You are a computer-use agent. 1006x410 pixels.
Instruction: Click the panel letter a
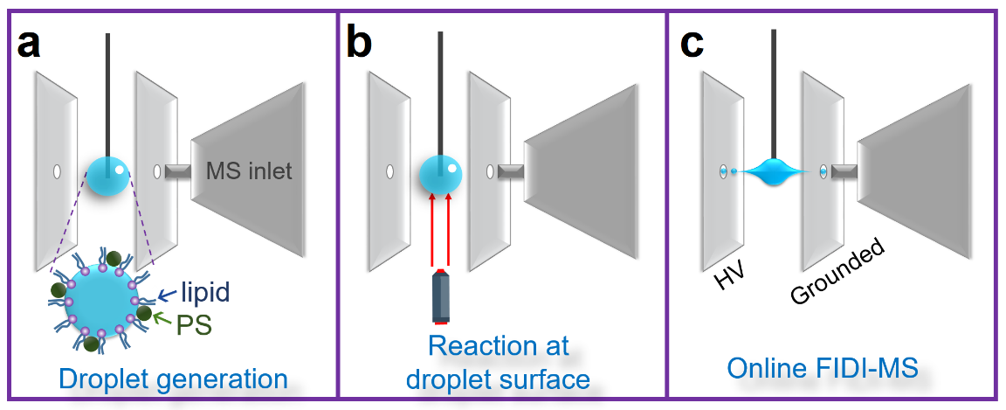click(28, 44)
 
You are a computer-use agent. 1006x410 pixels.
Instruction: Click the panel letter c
click(692, 44)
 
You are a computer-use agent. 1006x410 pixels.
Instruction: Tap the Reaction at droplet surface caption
click(499, 362)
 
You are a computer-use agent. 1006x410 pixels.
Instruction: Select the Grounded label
click(838, 271)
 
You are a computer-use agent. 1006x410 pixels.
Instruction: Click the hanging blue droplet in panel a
click(109, 176)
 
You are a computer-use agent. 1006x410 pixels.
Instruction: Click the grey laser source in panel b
click(441, 298)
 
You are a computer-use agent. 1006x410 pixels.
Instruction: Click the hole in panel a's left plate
click(57, 171)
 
